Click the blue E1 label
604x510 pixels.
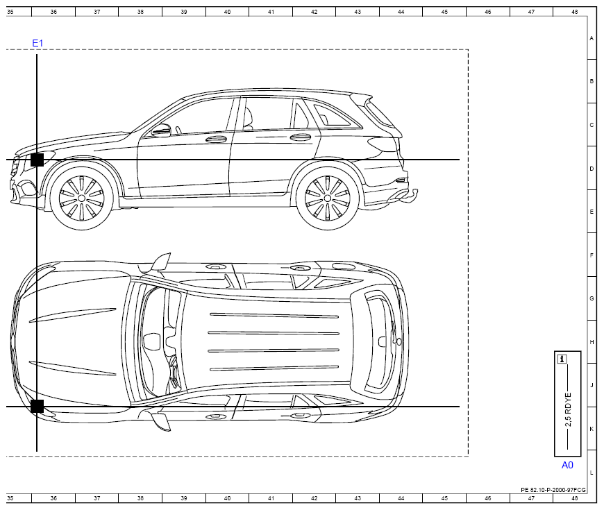coord(37,43)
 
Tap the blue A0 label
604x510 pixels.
coord(567,465)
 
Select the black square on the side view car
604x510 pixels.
coord(37,160)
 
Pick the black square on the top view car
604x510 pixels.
coord(37,406)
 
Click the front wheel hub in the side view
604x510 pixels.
coord(82,198)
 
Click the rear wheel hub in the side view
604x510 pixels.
coord(328,198)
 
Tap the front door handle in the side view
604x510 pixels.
coord(216,139)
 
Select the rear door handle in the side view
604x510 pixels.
coord(301,137)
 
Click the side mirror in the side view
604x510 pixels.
coord(161,130)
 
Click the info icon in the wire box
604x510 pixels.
coord(562,359)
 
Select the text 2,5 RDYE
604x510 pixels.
coord(568,409)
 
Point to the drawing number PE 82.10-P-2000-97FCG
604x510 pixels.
coord(553,490)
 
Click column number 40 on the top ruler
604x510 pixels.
coord(227,12)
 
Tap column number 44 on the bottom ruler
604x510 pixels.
coord(401,498)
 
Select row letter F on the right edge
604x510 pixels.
coord(592,255)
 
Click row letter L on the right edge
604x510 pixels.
coord(592,473)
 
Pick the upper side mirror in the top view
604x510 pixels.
coord(161,262)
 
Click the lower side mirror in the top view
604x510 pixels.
coord(161,421)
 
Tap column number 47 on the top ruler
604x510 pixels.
coord(531,12)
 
